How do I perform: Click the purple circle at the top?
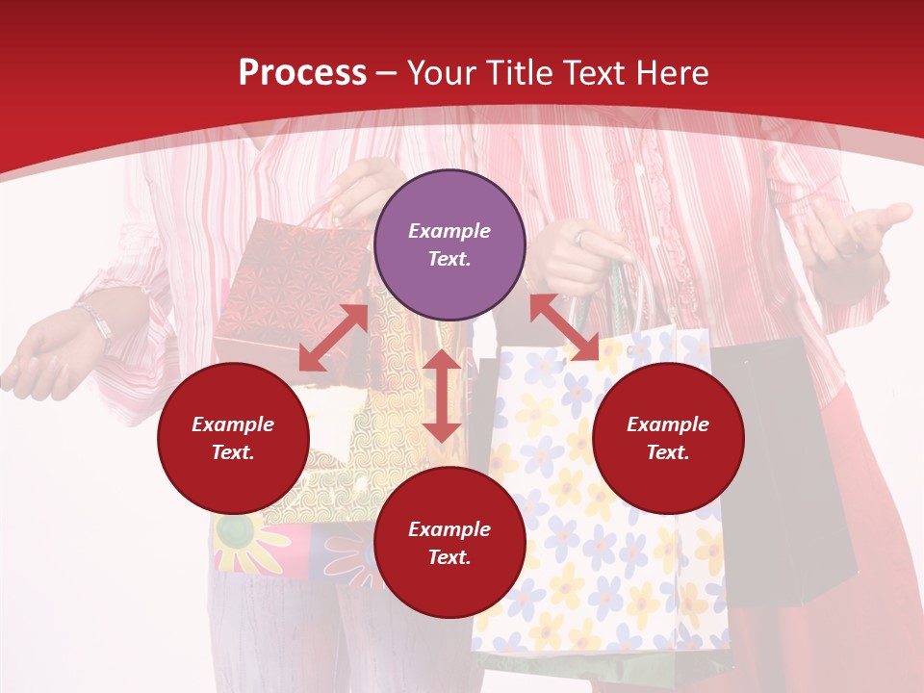449,245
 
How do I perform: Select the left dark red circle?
233,438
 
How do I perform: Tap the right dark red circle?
668,438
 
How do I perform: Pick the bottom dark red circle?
449,543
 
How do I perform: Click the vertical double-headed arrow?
442,396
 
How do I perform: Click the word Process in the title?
302,73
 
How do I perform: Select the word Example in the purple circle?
449,231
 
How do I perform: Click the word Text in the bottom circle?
448,557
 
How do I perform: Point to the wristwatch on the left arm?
97,323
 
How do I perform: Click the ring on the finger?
580,236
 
